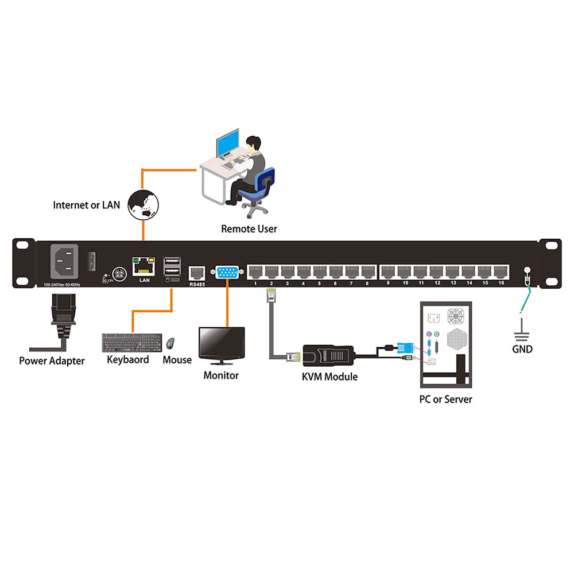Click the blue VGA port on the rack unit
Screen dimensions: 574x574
(227, 272)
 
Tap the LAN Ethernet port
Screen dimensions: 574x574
(143, 266)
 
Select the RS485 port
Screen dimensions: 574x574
(197, 272)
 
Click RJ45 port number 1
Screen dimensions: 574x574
(255, 272)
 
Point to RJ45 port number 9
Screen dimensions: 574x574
(389, 272)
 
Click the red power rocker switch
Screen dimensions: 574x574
(91, 261)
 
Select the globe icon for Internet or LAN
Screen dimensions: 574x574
(143, 204)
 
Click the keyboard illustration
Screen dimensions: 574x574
(132, 343)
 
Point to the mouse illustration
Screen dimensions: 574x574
(171, 343)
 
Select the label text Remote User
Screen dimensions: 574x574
(249, 229)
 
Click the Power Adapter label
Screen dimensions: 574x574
(52, 361)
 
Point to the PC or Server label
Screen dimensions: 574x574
(445, 399)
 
